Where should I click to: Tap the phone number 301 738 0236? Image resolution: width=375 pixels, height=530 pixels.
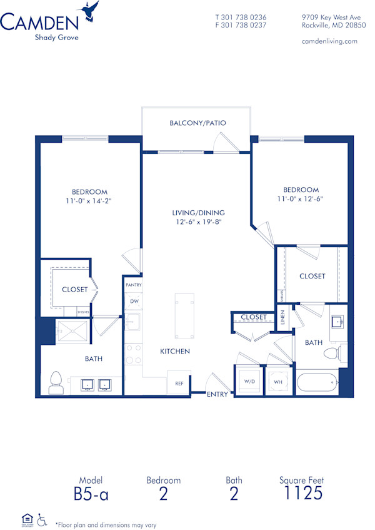click(244, 18)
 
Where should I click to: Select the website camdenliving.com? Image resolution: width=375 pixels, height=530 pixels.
click(329, 41)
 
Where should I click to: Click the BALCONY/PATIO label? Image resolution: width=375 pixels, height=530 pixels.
click(197, 123)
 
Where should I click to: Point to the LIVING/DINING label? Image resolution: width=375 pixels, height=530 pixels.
click(199, 213)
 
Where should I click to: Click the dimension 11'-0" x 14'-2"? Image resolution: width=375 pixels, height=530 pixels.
click(89, 201)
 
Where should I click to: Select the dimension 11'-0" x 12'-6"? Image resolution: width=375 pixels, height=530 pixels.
click(301, 198)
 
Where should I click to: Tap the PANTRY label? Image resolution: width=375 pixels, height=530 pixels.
click(133, 285)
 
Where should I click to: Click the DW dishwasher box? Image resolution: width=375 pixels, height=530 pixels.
click(134, 301)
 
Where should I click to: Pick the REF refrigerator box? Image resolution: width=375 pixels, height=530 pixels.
click(179, 383)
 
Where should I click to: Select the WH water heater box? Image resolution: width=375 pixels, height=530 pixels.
click(277, 380)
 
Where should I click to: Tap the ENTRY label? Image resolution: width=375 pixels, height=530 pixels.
click(218, 394)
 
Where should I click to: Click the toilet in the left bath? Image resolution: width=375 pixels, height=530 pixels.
click(56, 382)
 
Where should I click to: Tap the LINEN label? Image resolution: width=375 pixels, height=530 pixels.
click(282, 317)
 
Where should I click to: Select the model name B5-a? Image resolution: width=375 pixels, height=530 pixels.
click(91, 494)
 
